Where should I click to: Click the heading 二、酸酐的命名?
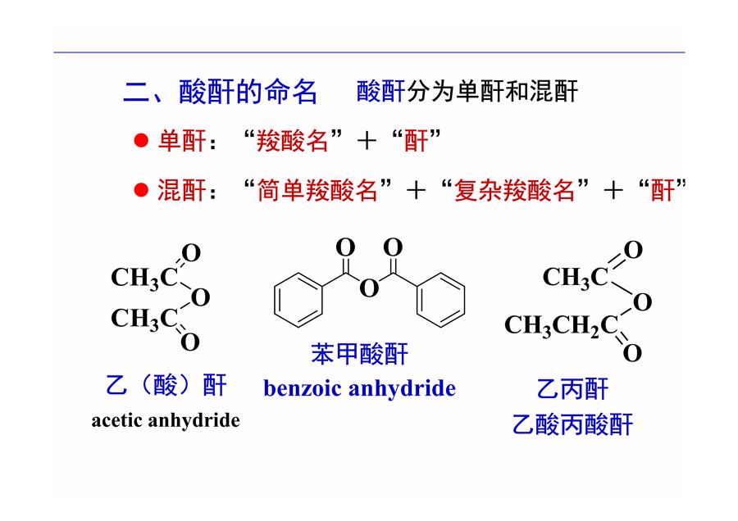[x=221, y=91]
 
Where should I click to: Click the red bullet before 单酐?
[x=141, y=140]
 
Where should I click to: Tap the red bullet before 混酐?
[x=141, y=190]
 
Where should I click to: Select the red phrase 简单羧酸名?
[x=317, y=190]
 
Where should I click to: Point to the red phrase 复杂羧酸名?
[x=515, y=190]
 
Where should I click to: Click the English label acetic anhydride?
[x=166, y=420]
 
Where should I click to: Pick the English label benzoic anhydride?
[x=360, y=388]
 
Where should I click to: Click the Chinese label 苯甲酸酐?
[x=359, y=354]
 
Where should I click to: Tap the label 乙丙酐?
[x=573, y=389]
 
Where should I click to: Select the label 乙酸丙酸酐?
[x=573, y=424]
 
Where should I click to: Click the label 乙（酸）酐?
[x=166, y=385]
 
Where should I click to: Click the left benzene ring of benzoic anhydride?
[x=298, y=299]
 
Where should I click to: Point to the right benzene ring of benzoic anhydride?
[x=440, y=299]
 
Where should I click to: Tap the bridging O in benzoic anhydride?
[x=369, y=288]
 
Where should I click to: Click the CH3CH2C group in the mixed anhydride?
[x=561, y=325]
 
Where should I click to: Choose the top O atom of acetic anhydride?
[x=191, y=253]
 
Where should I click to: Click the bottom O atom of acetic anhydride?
[x=190, y=342]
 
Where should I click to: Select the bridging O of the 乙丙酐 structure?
[x=642, y=302]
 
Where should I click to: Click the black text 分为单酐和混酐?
[x=492, y=91]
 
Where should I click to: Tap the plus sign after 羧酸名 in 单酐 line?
[x=367, y=141]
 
